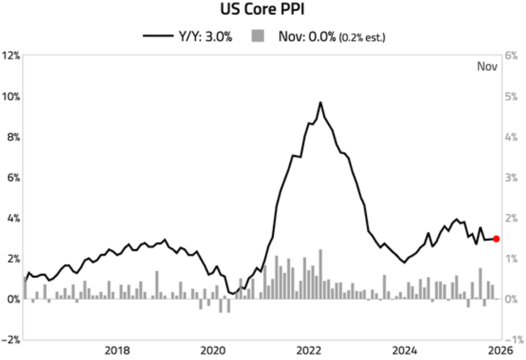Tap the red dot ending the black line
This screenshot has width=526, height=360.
tap(496, 239)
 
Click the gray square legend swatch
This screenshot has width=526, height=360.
tap(257, 36)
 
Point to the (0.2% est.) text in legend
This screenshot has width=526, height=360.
tap(362, 37)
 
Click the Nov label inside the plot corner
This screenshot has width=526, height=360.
tap(487, 67)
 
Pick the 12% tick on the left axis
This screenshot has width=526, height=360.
tap(11, 56)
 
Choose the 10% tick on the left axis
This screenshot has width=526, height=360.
tap(11, 97)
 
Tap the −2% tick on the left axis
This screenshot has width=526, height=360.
tap(11, 340)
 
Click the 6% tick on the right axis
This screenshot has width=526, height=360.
tap(511, 56)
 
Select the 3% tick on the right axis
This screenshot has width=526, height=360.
tap(511, 177)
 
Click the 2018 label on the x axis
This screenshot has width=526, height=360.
tap(117, 351)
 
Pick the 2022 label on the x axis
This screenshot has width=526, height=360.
tap(308, 351)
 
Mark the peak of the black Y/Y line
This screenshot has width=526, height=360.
tap(320, 102)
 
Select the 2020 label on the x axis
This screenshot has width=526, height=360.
tap(213, 351)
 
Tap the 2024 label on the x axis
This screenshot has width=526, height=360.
tap(405, 351)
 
